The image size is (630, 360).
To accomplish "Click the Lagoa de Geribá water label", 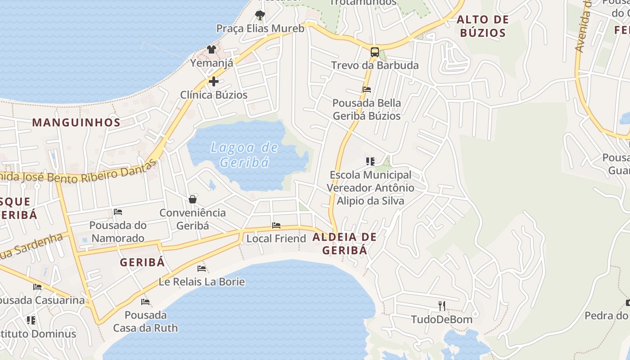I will [x=244, y=154].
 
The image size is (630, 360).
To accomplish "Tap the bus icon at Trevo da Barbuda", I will [x=374, y=52].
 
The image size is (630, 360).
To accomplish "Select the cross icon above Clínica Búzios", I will [x=214, y=81].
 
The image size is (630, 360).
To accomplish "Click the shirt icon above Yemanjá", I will [x=211, y=49].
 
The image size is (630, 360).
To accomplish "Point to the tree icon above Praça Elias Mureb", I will [x=260, y=15].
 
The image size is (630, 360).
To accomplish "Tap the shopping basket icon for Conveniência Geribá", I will [x=193, y=199].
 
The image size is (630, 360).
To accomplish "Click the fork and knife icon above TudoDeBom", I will [x=442, y=306].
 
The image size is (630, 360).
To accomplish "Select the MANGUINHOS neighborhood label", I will [x=76, y=122].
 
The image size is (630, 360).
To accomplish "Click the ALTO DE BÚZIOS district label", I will [x=482, y=26].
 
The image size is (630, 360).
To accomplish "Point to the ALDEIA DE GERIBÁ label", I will [x=344, y=243].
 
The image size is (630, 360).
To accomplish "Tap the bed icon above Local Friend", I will [x=276, y=225].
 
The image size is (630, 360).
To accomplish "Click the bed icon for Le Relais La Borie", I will [x=202, y=269].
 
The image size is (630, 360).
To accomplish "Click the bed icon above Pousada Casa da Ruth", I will [x=145, y=302].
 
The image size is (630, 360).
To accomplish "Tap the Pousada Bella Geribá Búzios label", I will [x=366, y=109].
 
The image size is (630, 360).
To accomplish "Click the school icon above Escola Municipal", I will [x=370, y=161].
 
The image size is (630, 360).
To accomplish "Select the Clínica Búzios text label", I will [x=214, y=95].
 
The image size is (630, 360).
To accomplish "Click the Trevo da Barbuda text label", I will [x=375, y=65].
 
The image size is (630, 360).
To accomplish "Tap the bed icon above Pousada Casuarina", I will [x=37, y=287].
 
